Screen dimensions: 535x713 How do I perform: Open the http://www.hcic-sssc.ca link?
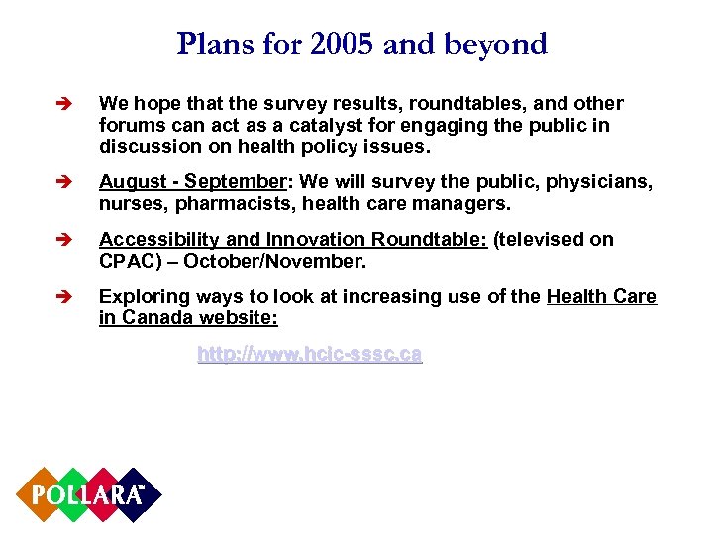[309, 354]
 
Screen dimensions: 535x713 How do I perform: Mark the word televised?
[544, 240]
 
